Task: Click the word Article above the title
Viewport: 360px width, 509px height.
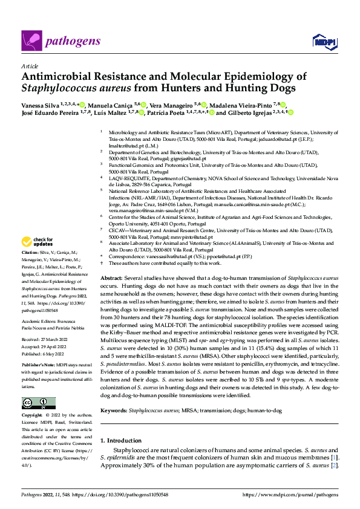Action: [29, 66]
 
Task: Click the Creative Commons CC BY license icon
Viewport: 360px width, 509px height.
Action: [38, 403]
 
